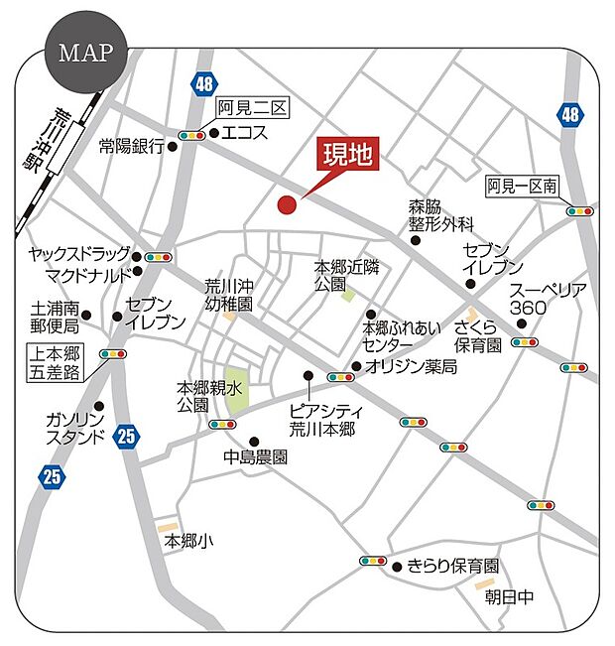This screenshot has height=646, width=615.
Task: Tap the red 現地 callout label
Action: point(347,155)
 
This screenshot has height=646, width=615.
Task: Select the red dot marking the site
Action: point(287,205)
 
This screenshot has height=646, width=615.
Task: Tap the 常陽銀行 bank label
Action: point(131,146)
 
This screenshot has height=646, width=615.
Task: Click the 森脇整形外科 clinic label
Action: point(441,215)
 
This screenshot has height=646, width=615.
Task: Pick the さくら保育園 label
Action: point(478,335)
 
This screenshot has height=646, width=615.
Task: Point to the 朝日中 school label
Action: point(509,596)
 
